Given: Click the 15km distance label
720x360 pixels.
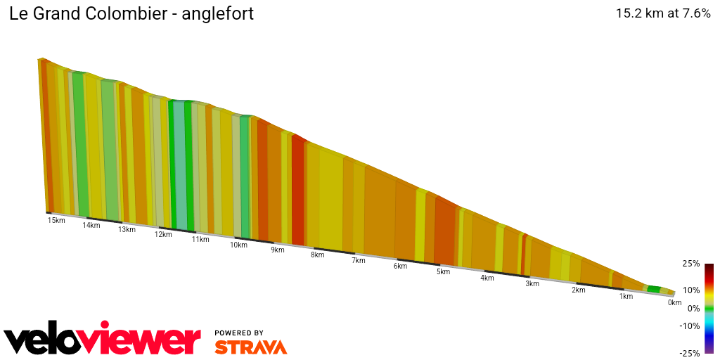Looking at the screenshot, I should pyautogui.click(x=56, y=220).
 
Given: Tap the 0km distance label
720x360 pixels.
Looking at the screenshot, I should pyautogui.click(x=674, y=303).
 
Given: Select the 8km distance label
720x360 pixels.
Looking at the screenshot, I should pyautogui.click(x=318, y=255).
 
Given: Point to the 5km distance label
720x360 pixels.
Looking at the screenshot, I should pyautogui.click(x=443, y=271).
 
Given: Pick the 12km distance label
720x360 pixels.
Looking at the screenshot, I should pyautogui.click(x=163, y=234).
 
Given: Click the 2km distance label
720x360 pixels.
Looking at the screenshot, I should pyautogui.click(x=579, y=290).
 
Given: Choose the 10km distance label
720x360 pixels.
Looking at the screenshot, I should pyautogui.click(x=238, y=245).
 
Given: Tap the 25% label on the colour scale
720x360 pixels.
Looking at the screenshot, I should pyautogui.click(x=691, y=264).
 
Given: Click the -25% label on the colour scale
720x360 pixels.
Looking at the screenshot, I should pyautogui.click(x=690, y=353).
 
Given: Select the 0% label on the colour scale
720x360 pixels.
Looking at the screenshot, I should pyautogui.click(x=693, y=308).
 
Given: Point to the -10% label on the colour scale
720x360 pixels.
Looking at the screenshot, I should pyautogui.click(x=690, y=326).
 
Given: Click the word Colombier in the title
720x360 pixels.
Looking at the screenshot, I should pyautogui.click(x=127, y=13).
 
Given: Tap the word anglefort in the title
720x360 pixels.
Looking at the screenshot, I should pyautogui.click(x=218, y=13).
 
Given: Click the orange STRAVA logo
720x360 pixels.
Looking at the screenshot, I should pyautogui.click(x=250, y=347).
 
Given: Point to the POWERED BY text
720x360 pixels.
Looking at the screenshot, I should pyautogui.click(x=239, y=333).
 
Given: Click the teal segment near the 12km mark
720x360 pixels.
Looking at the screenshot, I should pyautogui.click(x=180, y=169).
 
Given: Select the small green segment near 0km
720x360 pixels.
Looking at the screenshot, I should pyautogui.click(x=654, y=289).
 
